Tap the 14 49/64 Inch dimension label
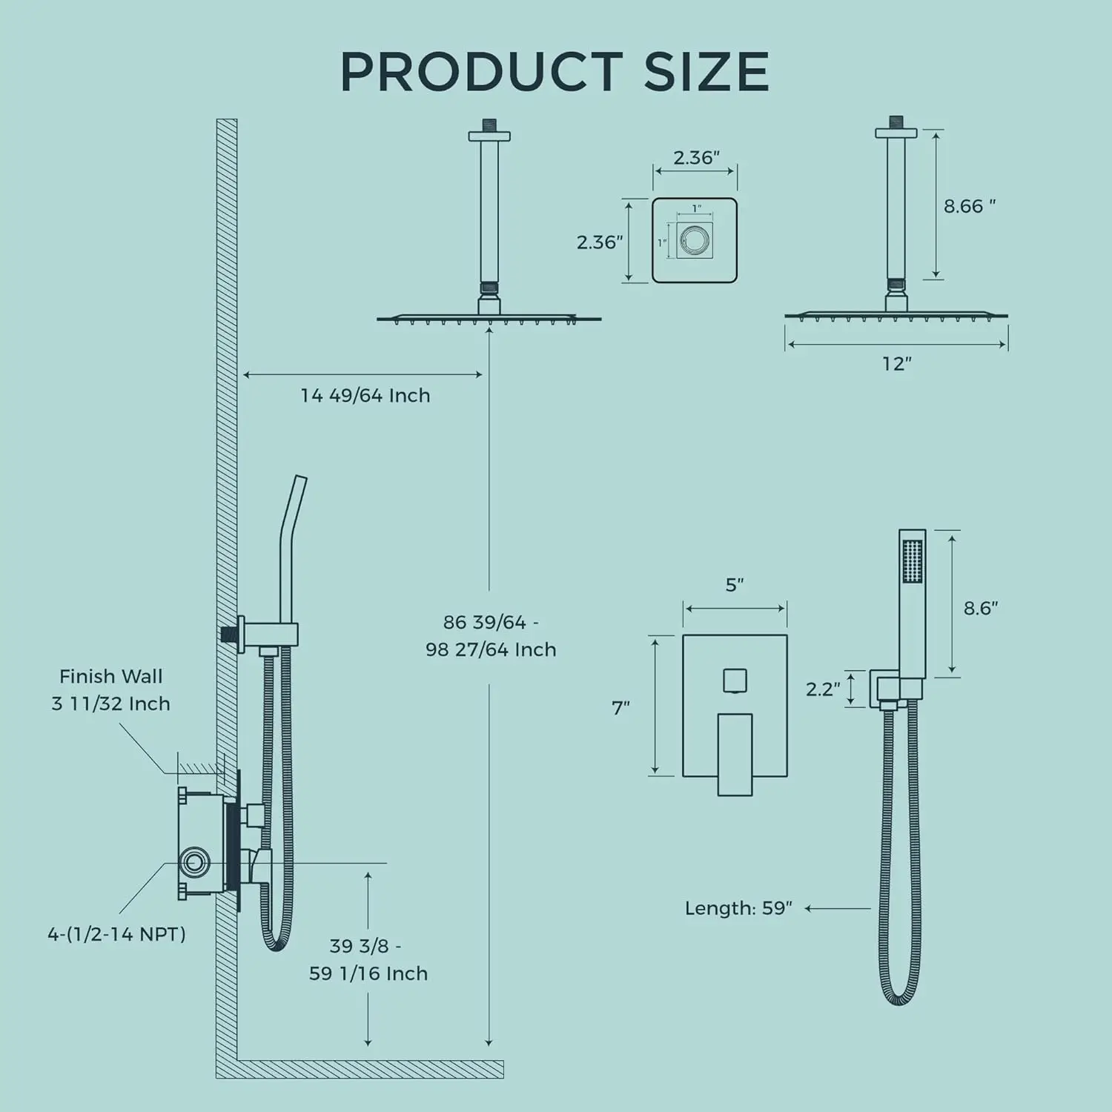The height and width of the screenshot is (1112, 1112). (365, 395)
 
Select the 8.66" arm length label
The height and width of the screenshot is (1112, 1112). (970, 206)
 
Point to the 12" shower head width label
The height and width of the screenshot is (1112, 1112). (896, 363)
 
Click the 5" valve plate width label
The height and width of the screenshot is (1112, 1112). (735, 585)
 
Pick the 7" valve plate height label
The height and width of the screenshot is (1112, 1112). (621, 708)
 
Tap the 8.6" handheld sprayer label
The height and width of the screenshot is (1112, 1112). (981, 608)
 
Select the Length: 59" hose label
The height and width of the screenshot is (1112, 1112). (738, 908)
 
